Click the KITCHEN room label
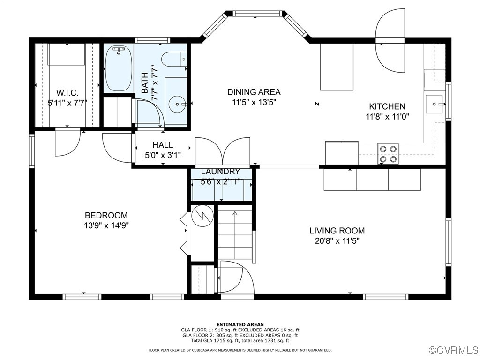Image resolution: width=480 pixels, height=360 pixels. click(x=387, y=106)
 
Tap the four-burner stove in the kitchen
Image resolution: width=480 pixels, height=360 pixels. click(x=388, y=154)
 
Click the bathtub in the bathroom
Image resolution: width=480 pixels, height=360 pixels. click(x=118, y=68)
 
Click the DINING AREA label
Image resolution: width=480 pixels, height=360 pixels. click(x=254, y=92)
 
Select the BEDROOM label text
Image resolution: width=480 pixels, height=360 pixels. click(x=106, y=215)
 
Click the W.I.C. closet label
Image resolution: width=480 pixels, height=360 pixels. click(x=67, y=92)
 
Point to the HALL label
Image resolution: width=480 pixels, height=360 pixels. click(x=162, y=145)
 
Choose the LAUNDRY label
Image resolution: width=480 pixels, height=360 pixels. click(x=220, y=172)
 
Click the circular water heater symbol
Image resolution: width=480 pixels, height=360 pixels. click(x=202, y=216)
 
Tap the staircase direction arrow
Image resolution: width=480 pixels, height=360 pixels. click(x=235, y=214)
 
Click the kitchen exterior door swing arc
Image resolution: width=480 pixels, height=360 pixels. click(x=390, y=41)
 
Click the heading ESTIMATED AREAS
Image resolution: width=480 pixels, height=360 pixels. click(x=240, y=324)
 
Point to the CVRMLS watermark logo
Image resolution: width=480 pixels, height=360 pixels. click(x=453, y=350)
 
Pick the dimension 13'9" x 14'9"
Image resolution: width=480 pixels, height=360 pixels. click(x=106, y=225)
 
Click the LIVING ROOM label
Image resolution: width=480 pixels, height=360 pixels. click(x=337, y=231)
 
